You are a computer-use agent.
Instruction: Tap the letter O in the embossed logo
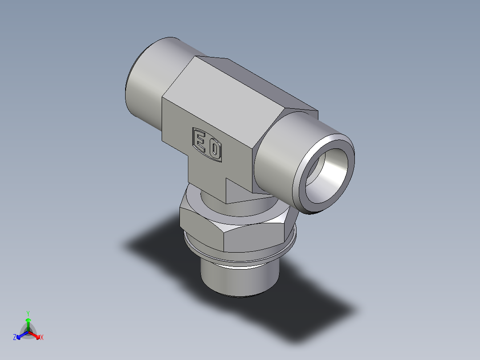(x=215, y=150)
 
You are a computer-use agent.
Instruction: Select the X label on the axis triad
(x=42, y=338)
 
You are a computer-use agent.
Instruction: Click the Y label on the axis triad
(x=28, y=313)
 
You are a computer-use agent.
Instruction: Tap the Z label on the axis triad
(x=14, y=338)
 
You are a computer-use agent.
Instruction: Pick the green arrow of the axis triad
(x=28, y=323)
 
